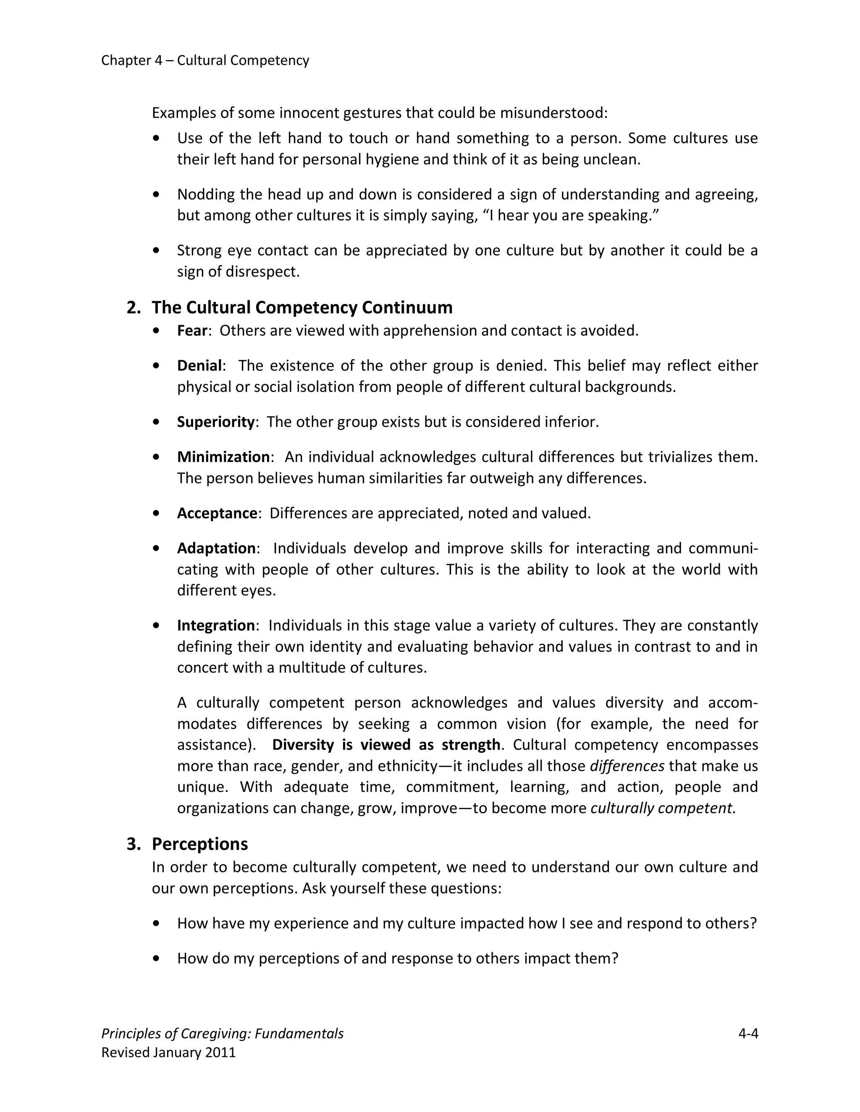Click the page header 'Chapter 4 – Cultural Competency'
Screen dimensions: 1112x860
coord(205,60)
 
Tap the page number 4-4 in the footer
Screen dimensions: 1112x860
coord(748,1034)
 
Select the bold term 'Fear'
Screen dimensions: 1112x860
coord(192,331)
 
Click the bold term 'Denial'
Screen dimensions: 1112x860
coord(199,365)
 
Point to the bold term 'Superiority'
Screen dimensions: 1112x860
coord(215,422)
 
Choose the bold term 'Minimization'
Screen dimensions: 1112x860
coord(223,457)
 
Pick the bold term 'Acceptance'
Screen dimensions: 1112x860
coord(217,513)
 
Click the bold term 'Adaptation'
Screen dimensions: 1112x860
coord(216,548)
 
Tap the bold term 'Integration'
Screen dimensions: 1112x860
coord(215,625)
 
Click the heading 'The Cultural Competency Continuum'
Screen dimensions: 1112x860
coord(302,308)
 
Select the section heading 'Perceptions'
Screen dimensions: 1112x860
coord(200,844)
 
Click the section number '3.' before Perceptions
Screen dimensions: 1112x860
coord(134,844)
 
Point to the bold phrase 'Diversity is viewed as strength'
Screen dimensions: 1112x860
coord(385,745)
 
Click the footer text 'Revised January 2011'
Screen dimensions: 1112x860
coord(169,1052)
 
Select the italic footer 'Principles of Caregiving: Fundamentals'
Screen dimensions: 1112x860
coord(222,1034)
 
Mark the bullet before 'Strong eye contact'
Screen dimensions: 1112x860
coord(156,251)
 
